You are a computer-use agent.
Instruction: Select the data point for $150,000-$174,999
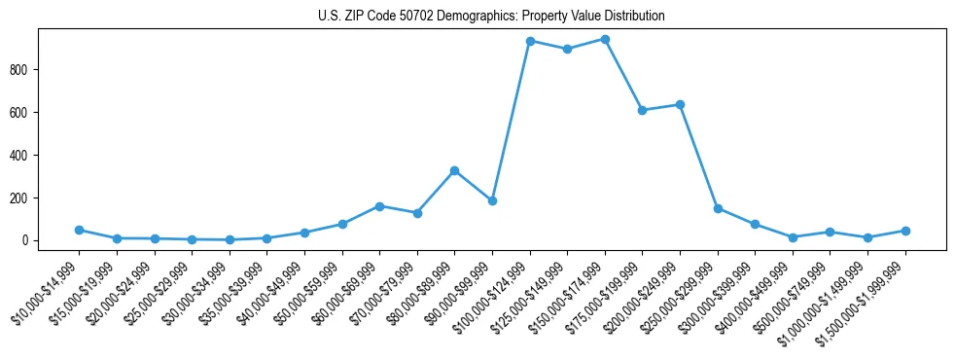point(605,40)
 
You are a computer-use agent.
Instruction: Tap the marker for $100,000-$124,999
point(530,41)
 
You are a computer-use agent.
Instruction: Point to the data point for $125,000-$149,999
point(567,49)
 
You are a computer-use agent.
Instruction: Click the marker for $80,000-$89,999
point(454,170)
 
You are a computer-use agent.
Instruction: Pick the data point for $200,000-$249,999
point(680,104)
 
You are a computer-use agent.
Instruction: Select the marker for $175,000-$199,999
point(642,110)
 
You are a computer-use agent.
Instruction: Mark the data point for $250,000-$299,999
point(718,208)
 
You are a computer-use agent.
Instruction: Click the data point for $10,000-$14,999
point(79,230)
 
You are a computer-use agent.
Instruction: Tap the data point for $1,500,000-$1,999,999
point(905,231)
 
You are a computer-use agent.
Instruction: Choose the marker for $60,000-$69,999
point(379,206)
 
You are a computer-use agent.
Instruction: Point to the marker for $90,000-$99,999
point(492,200)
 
